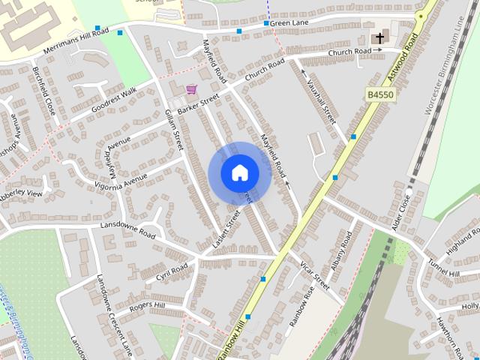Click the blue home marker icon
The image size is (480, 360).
pyautogui.click(x=239, y=172)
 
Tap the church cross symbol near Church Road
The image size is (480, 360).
pyautogui.click(x=379, y=37)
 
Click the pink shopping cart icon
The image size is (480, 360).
pyautogui.click(x=191, y=89)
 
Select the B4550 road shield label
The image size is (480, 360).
pyautogui.click(x=381, y=94)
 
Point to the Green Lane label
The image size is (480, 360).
pyautogui.click(x=289, y=23)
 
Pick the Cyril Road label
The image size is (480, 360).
pyautogui.click(x=172, y=270)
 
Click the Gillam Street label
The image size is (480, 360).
pyautogui.click(x=174, y=127)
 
